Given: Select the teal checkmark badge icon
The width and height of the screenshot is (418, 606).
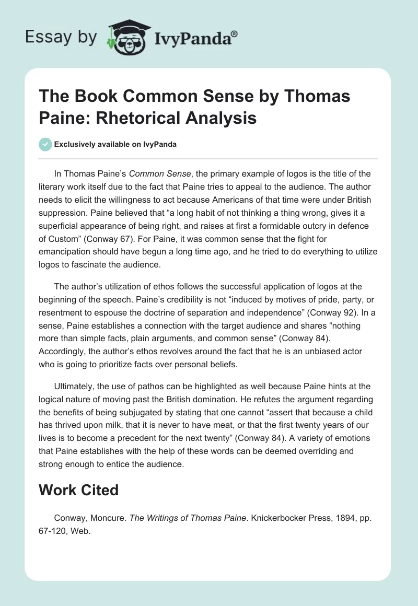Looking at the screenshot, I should (x=45, y=145).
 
